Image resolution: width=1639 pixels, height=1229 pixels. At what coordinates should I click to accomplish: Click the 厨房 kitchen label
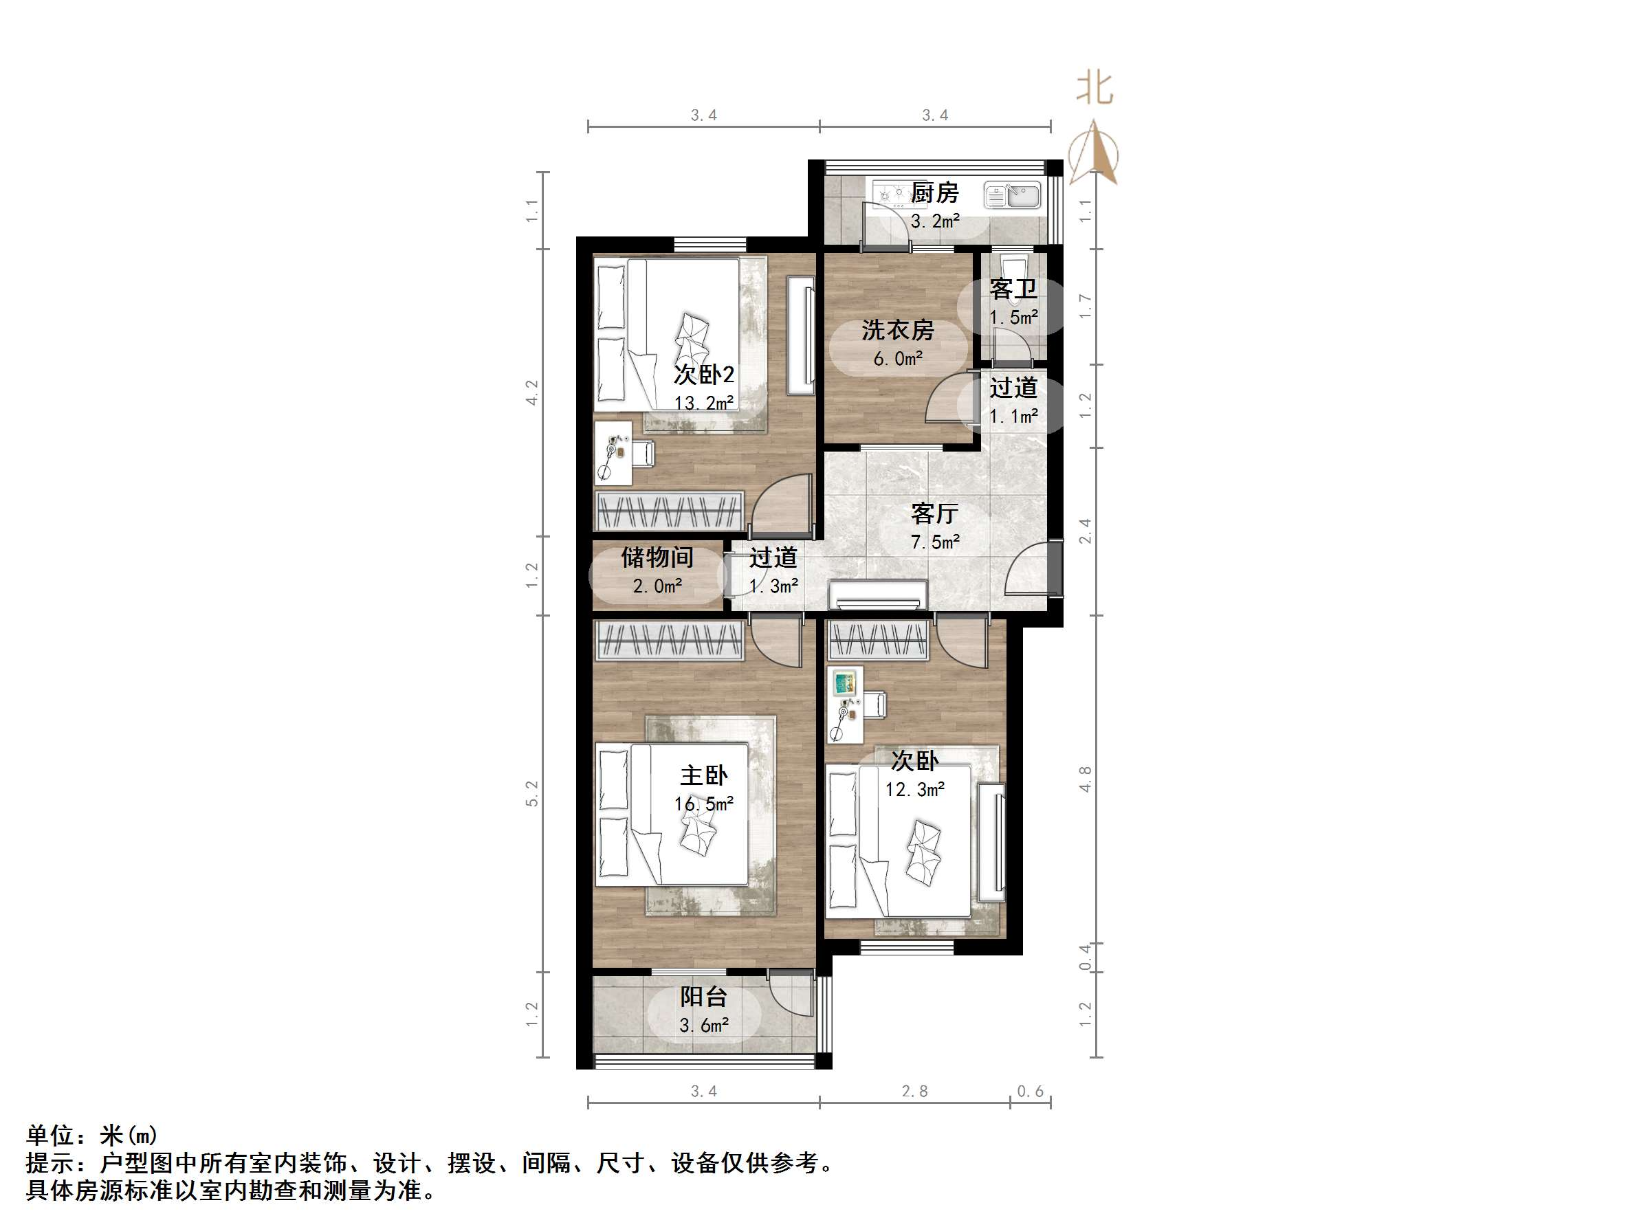(x=934, y=193)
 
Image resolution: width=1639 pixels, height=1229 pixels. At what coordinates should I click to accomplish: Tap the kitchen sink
(x=1013, y=197)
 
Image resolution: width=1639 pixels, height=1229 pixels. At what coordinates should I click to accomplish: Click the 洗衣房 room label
(x=897, y=331)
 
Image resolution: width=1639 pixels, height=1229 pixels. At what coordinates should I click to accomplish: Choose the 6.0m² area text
(x=897, y=359)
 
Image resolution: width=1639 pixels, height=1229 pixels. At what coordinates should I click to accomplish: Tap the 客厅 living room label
(x=934, y=513)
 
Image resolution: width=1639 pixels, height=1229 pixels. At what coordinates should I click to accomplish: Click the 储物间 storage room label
(x=657, y=557)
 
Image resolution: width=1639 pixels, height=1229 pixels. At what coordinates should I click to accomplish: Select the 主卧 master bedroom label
(x=704, y=775)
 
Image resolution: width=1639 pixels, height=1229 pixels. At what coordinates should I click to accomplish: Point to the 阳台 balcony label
(x=704, y=997)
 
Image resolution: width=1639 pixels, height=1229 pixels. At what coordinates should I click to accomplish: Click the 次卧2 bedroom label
(x=704, y=375)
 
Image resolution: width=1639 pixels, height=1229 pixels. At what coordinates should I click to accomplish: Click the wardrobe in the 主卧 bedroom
(x=670, y=641)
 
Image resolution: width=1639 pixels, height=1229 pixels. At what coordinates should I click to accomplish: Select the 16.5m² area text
(x=704, y=804)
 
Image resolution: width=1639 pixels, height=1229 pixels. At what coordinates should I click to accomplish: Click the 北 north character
(x=1094, y=88)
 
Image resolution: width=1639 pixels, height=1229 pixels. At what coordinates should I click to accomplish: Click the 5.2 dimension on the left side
(x=531, y=793)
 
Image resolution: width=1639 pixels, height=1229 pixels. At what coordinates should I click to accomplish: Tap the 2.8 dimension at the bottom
(x=914, y=1092)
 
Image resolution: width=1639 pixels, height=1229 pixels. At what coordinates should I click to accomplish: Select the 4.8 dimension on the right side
(x=1085, y=779)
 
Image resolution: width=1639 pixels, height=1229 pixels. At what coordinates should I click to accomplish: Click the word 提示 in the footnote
(x=50, y=1163)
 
